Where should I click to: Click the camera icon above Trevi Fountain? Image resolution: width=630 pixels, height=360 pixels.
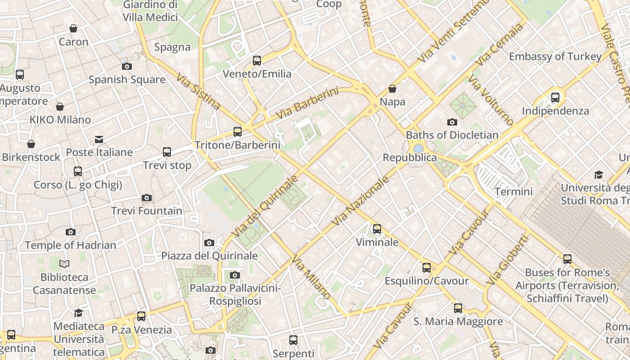[x=146, y=198]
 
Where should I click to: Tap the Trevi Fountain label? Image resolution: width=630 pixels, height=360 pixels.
[x=147, y=211]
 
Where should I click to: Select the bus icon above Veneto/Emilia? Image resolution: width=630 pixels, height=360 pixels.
[x=257, y=60]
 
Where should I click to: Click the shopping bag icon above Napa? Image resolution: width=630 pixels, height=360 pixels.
[x=392, y=89]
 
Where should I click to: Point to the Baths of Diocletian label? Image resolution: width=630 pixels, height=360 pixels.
[x=452, y=135]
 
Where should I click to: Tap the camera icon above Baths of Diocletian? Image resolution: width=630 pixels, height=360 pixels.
[x=452, y=122]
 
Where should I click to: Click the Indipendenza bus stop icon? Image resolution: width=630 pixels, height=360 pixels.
[x=555, y=97]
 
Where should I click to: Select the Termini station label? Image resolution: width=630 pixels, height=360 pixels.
[x=513, y=192]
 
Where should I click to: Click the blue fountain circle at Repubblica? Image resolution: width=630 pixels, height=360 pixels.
[x=418, y=148]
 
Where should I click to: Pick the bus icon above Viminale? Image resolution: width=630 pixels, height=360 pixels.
[x=377, y=229]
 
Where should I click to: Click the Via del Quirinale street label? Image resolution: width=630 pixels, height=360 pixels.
[x=265, y=206]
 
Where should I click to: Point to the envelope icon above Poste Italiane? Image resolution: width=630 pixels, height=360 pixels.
[x=99, y=139]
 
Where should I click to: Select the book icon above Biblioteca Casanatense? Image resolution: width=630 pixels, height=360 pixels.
[x=64, y=264]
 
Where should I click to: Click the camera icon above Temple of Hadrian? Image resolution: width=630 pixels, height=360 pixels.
[x=71, y=232]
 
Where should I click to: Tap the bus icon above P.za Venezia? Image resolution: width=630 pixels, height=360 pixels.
[x=141, y=316]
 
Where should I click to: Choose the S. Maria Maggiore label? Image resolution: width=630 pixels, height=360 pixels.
[x=458, y=321]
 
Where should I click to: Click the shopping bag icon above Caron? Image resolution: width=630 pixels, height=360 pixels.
[x=73, y=29]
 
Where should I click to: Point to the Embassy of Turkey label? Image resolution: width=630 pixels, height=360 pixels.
[x=555, y=56]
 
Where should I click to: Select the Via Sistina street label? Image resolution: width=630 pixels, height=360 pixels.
[x=198, y=92]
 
